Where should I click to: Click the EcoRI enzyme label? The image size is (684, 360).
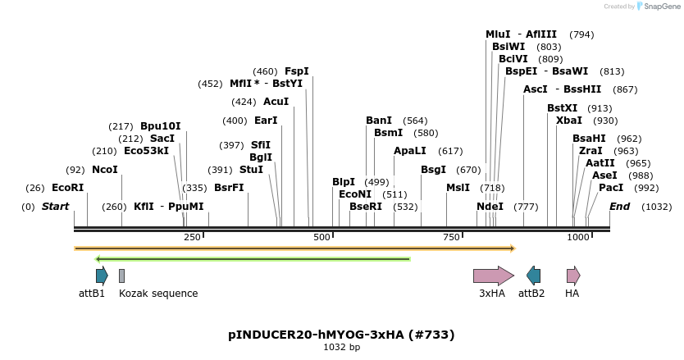coord(68,188)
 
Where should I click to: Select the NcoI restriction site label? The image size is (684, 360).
coord(105,170)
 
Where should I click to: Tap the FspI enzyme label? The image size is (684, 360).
coord(297,71)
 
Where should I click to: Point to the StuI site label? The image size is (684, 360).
coord(251,170)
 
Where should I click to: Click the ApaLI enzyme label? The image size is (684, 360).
coord(410,151)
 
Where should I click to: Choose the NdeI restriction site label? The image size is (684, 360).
coord(490,207)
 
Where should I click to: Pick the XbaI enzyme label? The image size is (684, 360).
coord(569,121)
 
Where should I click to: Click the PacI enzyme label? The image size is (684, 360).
coord(611,188)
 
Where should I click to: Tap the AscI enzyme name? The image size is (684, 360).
coord(535,89)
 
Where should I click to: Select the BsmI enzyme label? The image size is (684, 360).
coord(389,133)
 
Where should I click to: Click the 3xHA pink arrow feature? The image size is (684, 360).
coord(493,276)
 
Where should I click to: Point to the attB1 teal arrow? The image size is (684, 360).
coord(102,276)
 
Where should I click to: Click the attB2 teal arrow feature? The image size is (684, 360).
coord(534,276)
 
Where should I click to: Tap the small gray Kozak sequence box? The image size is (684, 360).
coord(121,276)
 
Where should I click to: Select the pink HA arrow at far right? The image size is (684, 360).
coord(572,276)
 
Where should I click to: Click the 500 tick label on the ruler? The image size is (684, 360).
coord(321,237)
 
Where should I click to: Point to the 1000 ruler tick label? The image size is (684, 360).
coord(578,237)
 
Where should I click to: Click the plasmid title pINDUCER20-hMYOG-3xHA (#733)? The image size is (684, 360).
coord(341,335)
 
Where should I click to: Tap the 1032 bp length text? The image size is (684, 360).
coord(341,348)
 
